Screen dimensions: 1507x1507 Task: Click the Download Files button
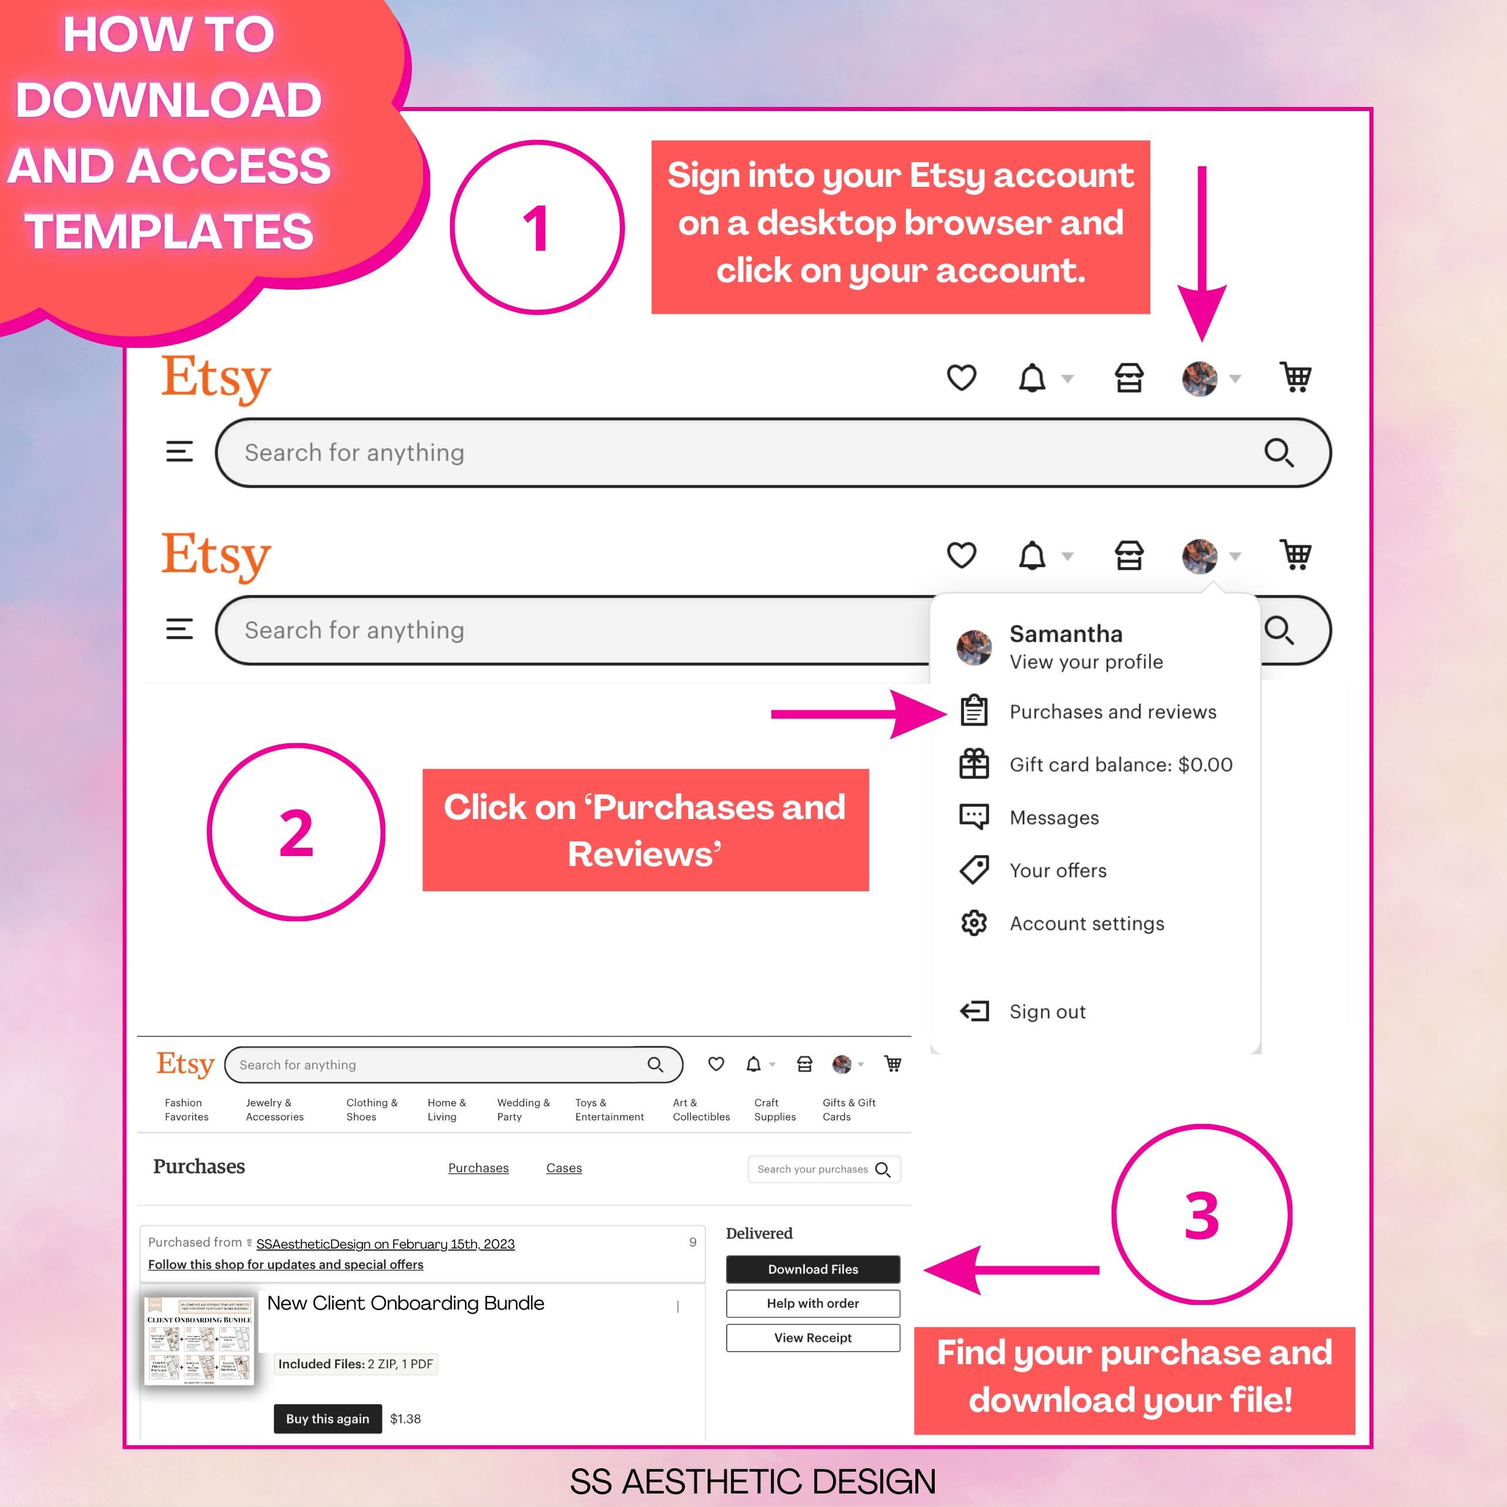coord(813,1269)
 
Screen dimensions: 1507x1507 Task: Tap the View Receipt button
coord(813,1338)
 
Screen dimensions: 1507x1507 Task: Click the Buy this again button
coord(328,1419)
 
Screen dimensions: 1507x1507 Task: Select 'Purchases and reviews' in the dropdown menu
coord(1112,711)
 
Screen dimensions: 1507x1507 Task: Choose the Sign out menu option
coord(1047,1012)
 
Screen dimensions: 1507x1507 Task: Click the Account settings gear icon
coord(974,924)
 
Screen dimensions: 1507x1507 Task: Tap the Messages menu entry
coord(1054,817)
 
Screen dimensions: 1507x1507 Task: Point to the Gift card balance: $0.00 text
coord(1121,764)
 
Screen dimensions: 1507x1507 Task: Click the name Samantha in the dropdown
coord(1066,634)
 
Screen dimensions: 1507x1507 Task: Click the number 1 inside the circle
coord(536,229)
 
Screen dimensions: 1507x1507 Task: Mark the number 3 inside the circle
coord(1201,1215)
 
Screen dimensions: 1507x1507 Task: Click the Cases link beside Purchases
coord(564,1167)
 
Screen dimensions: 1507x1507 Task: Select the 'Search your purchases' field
coord(813,1169)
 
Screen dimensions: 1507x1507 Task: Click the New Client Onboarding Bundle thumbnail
coord(200,1341)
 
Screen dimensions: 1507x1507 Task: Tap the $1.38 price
coord(405,1419)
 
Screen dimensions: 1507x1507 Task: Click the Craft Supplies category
coord(774,1110)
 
